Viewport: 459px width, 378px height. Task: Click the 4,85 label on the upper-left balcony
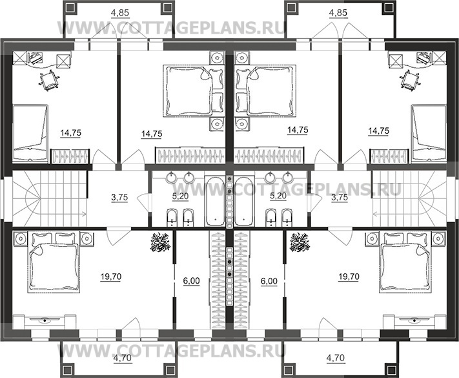click(x=120, y=13)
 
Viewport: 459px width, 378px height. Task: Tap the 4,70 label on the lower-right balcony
click(x=336, y=358)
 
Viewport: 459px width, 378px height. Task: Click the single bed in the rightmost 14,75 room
click(x=429, y=132)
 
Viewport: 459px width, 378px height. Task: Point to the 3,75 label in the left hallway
click(x=119, y=198)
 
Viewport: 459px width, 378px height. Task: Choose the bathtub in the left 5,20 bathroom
click(x=215, y=201)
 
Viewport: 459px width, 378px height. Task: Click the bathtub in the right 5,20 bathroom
click(x=244, y=201)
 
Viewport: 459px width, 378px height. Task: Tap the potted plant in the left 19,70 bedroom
click(x=160, y=242)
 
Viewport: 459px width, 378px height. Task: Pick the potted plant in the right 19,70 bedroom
click(x=299, y=242)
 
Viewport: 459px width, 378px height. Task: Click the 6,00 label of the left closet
click(x=191, y=281)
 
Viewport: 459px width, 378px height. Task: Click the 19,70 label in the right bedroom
click(x=349, y=277)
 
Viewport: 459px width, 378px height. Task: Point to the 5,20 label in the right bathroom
click(x=278, y=196)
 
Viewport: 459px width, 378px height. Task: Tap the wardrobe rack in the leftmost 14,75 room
click(x=70, y=156)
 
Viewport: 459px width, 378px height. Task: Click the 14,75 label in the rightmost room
click(x=379, y=131)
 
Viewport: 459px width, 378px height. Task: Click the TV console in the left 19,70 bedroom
click(x=45, y=321)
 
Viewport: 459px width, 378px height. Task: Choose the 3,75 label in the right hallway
click(x=340, y=198)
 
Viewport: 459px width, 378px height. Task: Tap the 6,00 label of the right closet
click(x=269, y=281)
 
